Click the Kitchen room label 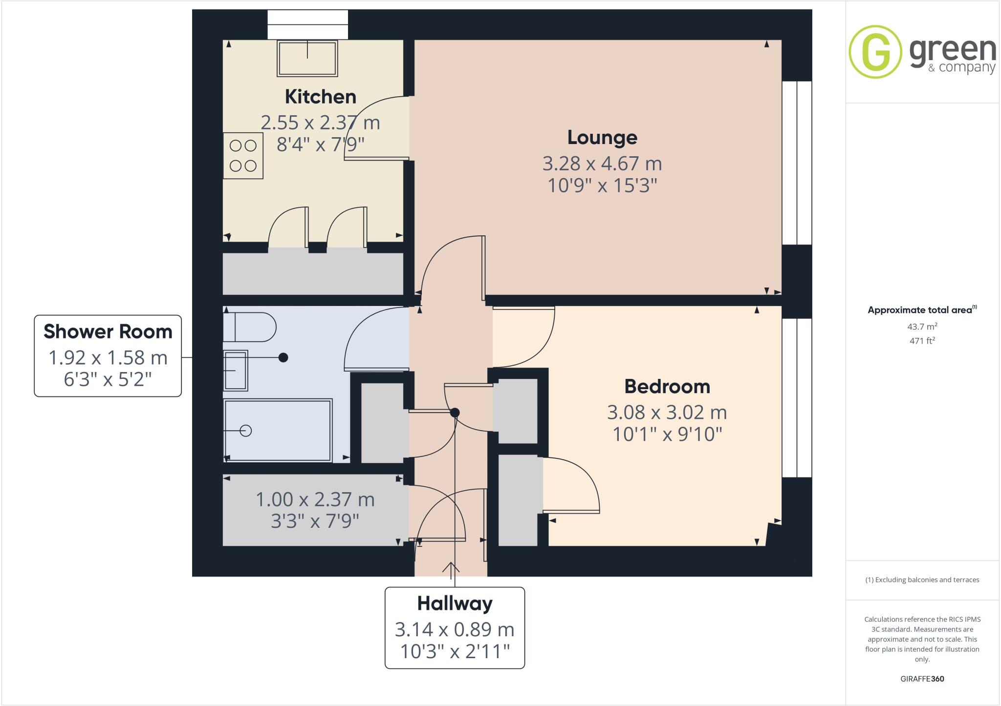click(320, 97)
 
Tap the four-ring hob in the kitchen click(243, 156)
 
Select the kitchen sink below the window click(307, 58)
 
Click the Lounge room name click(602, 138)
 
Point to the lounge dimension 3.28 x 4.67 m click(602, 164)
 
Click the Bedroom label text click(667, 387)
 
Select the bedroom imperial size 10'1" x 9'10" click(667, 434)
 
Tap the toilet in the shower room click(249, 327)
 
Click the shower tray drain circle click(246, 431)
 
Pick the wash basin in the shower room click(236, 371)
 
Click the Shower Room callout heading click(108, 332)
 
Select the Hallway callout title click(455, 604)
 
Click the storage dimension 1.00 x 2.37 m click(315, 499)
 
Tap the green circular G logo click(875, 52)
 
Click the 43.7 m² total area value click(922, 327)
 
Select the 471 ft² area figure click(922, 341)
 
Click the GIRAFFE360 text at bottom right click(922, 679)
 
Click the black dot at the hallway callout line click(455, 413)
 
